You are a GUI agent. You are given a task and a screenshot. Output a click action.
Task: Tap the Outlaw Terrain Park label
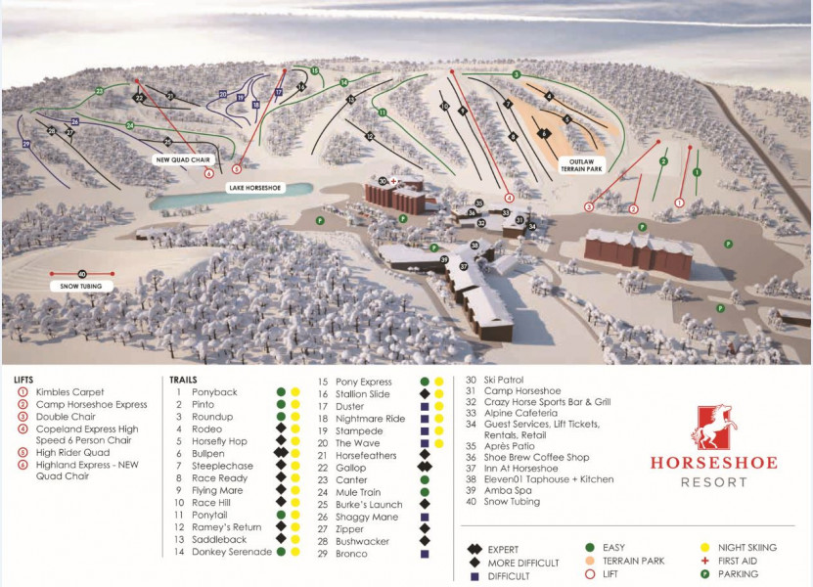579,164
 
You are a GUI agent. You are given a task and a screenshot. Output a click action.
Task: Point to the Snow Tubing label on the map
80,286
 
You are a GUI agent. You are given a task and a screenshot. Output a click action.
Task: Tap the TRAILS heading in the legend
184,380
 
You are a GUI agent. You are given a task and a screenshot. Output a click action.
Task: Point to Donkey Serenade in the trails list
232,553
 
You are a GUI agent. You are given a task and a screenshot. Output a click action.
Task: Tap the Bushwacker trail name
363,541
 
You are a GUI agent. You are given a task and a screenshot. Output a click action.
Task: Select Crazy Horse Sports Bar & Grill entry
551,402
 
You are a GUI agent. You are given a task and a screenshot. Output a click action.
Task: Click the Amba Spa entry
508,491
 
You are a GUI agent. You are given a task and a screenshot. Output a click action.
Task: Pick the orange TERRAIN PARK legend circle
591,561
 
